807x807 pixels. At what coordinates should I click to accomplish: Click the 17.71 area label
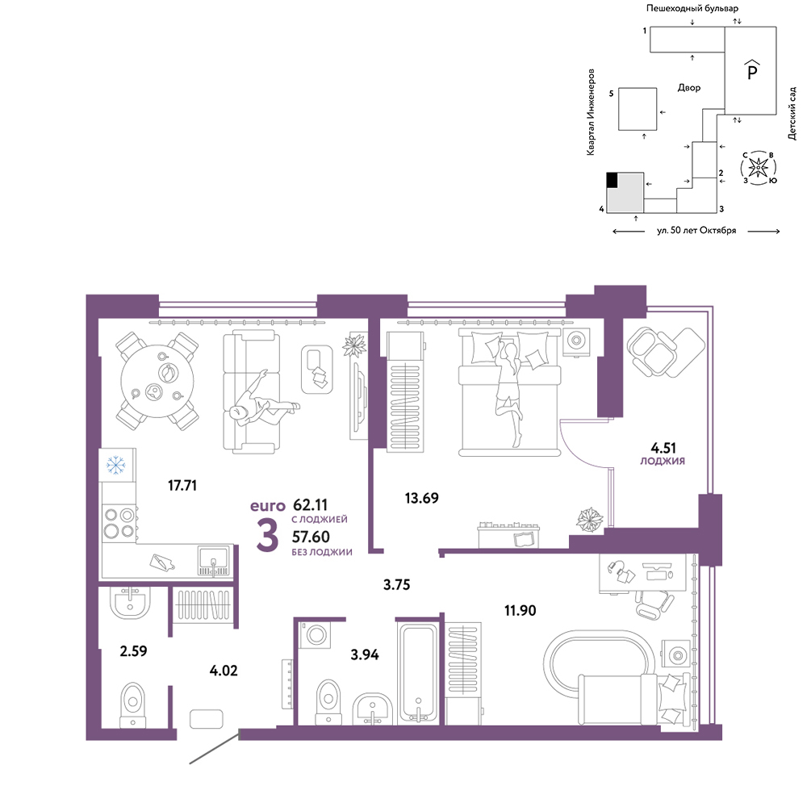point(182,485)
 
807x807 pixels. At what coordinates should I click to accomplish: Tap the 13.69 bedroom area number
point(421,498)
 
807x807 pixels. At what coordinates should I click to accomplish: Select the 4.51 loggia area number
point(663,448)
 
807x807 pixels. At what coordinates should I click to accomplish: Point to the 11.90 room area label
point(520,610)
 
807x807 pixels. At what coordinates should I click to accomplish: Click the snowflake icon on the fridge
point(115,465)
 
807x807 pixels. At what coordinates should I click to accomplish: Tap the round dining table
point(158,381)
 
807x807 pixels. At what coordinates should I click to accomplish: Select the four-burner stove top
point(119,523)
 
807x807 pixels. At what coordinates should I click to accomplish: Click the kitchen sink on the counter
point(214,562)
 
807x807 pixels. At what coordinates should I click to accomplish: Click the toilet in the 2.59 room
point(133,705)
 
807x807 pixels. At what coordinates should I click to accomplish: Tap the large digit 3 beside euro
point(268,536)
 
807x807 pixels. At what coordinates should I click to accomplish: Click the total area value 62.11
point(311,505)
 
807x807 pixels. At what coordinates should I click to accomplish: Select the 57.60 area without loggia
point(311,537)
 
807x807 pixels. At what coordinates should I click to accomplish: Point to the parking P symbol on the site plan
point(752,70)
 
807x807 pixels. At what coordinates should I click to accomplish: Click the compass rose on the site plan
point(758,168)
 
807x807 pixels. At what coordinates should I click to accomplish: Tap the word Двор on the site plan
point(689,88)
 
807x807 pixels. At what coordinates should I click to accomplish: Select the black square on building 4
point(612,180)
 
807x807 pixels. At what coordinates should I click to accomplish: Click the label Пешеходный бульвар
point(692,8)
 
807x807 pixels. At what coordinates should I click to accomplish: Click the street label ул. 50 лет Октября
point(696,231)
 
